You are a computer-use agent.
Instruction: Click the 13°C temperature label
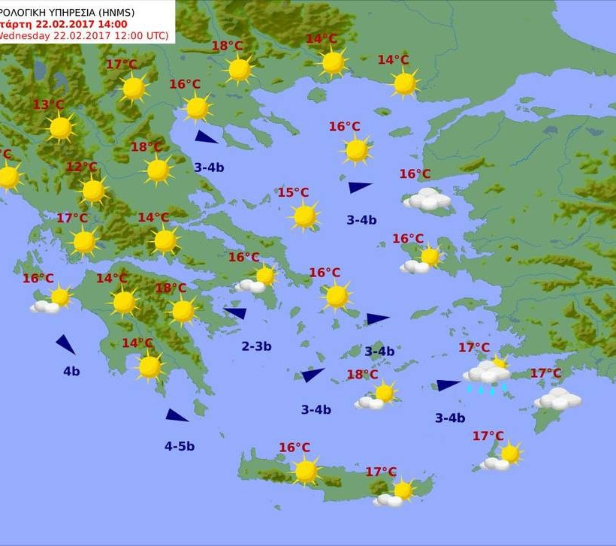tap(48, 104)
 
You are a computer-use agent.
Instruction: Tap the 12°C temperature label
tap(81, 167)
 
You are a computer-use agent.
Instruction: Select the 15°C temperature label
tap(293, 193)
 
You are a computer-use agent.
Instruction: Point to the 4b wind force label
tap(71, 371)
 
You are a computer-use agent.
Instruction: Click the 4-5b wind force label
tap(180, 446)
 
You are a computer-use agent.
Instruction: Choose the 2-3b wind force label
tap(256, 346)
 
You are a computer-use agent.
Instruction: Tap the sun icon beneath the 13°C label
tap(60, 128)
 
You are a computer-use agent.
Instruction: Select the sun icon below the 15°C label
tap(304, 216)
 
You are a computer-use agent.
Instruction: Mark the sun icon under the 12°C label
tap(93, 191)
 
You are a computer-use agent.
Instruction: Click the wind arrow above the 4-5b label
tap(177, 415)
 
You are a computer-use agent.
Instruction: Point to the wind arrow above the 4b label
tap(65, 345)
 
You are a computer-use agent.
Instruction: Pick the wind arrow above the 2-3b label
tap(236, 312)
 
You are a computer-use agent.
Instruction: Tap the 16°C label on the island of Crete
tap(294, 448)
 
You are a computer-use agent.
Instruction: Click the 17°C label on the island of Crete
tap(381, 472)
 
